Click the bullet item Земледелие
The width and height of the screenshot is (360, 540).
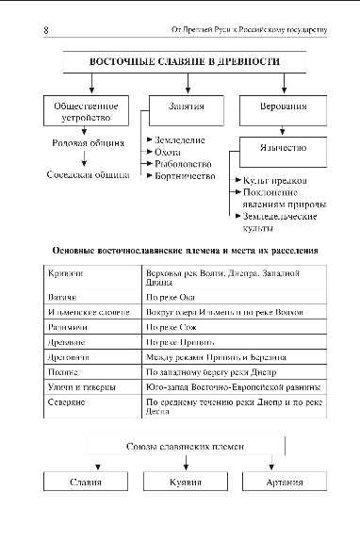tap(179, 139)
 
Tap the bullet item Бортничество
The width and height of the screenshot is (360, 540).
tap(184, 175)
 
